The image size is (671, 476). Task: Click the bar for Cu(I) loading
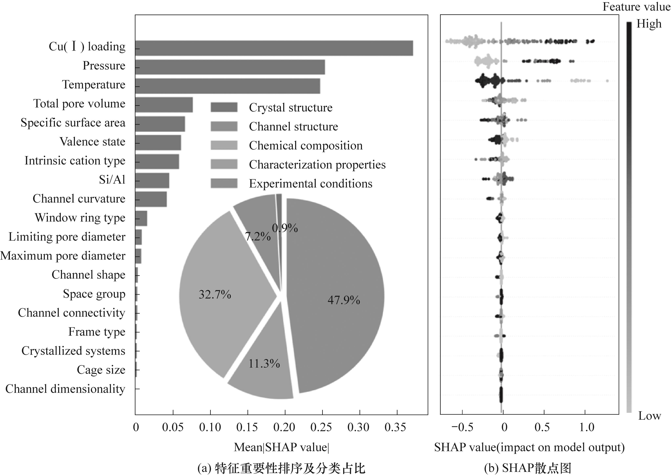tap(274, 48)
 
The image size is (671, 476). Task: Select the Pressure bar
tap(230, 67)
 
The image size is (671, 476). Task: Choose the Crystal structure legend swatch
tap(224, 107)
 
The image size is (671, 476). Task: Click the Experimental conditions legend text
tap(311, 184)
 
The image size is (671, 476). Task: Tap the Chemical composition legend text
tap(306, 146)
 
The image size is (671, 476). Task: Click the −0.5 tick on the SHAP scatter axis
tap(462, 427)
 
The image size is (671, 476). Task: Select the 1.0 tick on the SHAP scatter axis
tap(586, 427)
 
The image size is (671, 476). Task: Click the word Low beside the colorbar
tap(649, 416)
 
